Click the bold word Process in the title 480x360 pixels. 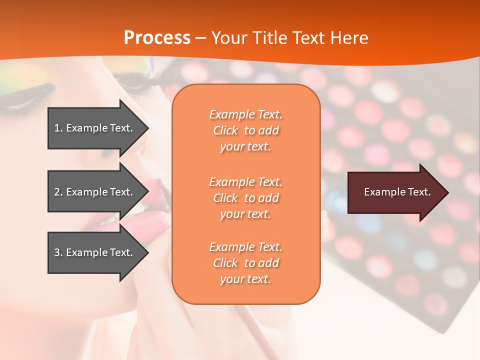tap(157, 38)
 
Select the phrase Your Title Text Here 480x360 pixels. tap(289, 38)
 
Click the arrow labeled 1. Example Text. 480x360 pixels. tap(95, 128)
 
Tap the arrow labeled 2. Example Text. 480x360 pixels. tap(95, 192)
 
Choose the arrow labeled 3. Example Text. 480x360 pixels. tap(95, 252)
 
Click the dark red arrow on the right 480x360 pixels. tap(395, 192)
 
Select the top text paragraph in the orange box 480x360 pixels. tap(245, 130)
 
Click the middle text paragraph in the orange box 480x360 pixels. tap(245, 198)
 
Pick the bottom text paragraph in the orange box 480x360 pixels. tap(245, 263)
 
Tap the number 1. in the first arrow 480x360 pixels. tap(58, 128)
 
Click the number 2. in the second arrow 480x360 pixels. tap(58, 192)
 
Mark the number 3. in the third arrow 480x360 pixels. tap(58, 252)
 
